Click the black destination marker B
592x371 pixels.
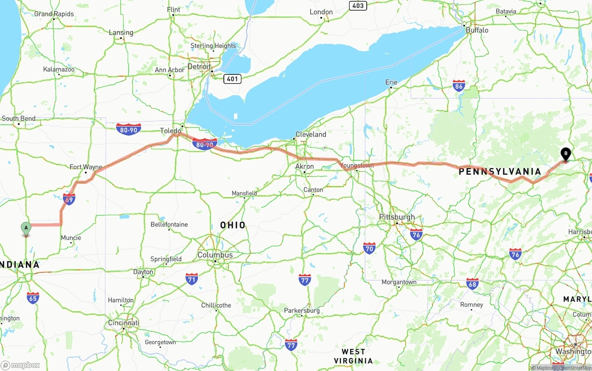[565, 154]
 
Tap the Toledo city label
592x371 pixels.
[171, 131]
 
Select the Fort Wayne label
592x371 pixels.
[86, 167]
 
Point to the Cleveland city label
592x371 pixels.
[311, 134]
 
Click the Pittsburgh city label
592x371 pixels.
[397, 217]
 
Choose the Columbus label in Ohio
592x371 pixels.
[215, 255]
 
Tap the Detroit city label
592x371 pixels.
[199, 67]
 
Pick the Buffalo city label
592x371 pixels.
[477, 30]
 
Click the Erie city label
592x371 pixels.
[391, 82]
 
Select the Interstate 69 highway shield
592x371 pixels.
[69, 199]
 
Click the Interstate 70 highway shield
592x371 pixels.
[369, 248]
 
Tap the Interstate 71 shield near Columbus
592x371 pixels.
[192, 279]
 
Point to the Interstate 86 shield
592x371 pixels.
[459, 86]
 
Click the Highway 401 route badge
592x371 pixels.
[232, 79]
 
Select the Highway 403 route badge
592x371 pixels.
[358, 6]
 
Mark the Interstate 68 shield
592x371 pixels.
[472, 283]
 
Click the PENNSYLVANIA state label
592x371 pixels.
[499, 172]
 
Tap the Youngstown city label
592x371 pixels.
[357, 165]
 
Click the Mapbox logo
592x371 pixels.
[20, 365]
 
